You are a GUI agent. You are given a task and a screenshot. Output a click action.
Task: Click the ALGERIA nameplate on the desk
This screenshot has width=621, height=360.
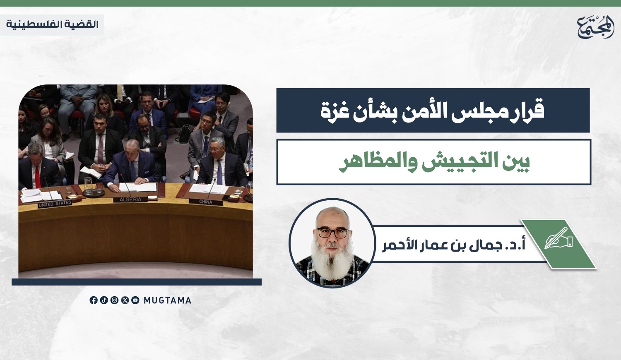point(130,199)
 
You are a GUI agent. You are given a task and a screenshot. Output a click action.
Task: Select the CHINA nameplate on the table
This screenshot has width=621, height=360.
point(206,202)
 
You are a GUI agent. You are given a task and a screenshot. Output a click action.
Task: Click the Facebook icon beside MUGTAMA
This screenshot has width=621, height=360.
point(94,300)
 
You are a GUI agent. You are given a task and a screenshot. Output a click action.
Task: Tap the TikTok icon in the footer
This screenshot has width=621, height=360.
point(104,300)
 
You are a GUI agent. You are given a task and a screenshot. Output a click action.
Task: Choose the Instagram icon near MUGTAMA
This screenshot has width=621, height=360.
point(114,300)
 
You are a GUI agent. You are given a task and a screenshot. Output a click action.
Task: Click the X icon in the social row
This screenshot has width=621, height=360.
point(125,300)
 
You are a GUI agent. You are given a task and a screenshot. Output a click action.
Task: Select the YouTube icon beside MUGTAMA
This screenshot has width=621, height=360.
point(135,300)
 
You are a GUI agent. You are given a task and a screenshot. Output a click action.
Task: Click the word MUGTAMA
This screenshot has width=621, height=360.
point(167,300)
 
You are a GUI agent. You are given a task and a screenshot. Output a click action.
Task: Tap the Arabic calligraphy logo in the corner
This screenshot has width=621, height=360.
point(595,26)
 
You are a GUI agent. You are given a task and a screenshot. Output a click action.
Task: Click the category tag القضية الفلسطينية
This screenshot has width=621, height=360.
point(52,25)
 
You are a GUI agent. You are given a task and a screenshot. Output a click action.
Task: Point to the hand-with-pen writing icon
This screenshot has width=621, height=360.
point(558,238)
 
